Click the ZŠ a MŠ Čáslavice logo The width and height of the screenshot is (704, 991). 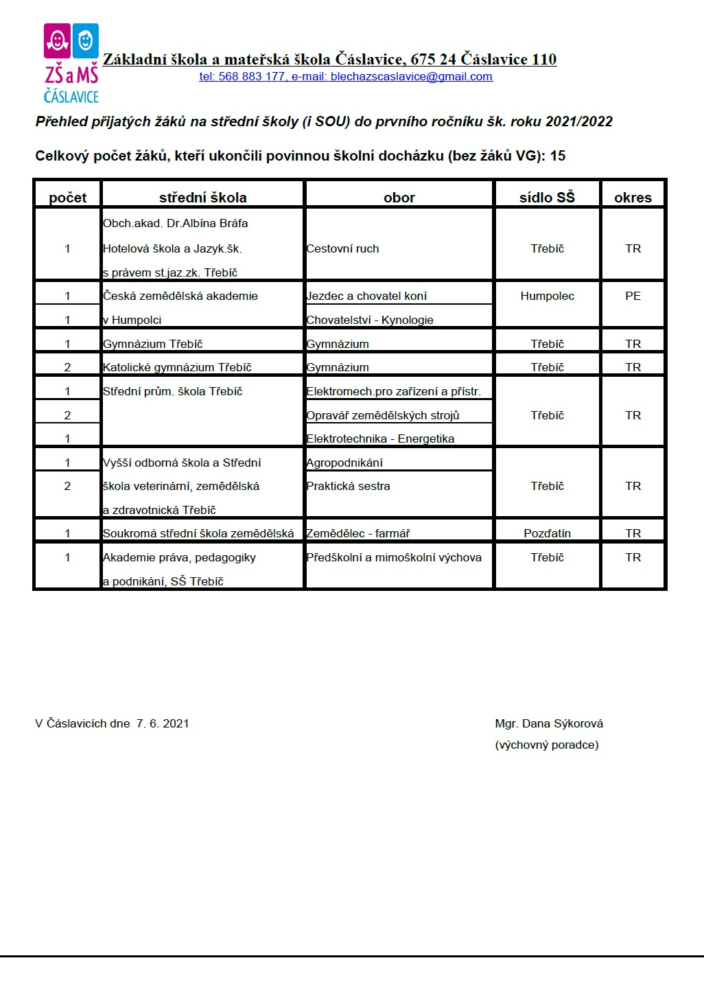tap(71, 63)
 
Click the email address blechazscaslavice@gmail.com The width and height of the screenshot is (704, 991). tap(411, 77)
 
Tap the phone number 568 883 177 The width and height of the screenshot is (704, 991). tap(251, 77)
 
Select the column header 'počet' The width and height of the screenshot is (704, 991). tap(68, 198)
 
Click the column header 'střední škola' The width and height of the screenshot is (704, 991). tap(202, 198)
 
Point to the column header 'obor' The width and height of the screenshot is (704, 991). tap(399, 198)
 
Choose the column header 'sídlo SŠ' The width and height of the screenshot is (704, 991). tap(547, 198)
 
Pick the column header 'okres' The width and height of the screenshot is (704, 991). tap(633, 198)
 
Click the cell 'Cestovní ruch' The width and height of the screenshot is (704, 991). tap(342, 248)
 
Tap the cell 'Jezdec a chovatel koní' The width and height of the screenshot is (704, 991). tap(366, 296)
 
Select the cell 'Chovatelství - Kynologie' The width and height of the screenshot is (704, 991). tap(370, 320)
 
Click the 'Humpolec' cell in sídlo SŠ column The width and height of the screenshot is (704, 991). tap(547, 296)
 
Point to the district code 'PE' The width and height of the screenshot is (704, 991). tap(633, 296)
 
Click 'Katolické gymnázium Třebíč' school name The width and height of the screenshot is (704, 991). tap(177, 367)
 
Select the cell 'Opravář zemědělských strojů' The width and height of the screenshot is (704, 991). tap(383, 415)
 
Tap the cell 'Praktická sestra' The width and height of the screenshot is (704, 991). tap(348, 486)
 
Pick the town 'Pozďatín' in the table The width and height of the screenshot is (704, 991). tap(547, 533)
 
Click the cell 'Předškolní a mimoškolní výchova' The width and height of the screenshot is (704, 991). tap(394, 557)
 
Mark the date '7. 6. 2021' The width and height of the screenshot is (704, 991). tap(163, 723)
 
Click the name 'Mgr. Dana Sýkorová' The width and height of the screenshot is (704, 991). tap(549, 723)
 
